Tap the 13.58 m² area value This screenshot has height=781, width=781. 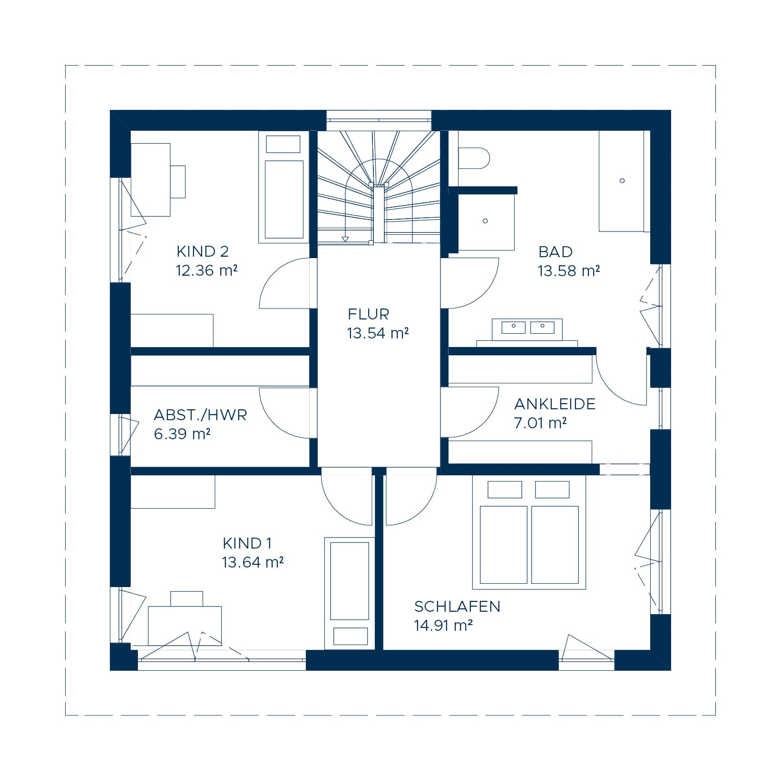(568, 271)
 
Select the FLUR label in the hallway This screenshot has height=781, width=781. (368, 314)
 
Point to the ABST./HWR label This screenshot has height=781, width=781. (200, 415)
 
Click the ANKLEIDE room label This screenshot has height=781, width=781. (555, 404)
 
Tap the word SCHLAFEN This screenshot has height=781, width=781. (457, 607)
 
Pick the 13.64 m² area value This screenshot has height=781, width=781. (253, 562)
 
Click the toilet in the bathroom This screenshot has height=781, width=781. (474, 158)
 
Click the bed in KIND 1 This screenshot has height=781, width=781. (350, 593)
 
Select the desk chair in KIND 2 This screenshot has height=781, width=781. (177, 182)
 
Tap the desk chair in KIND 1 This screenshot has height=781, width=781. (187, 599)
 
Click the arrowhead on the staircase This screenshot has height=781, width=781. (345, 239)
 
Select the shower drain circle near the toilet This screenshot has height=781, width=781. (485, 221)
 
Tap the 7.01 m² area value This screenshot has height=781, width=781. (540, 423)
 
